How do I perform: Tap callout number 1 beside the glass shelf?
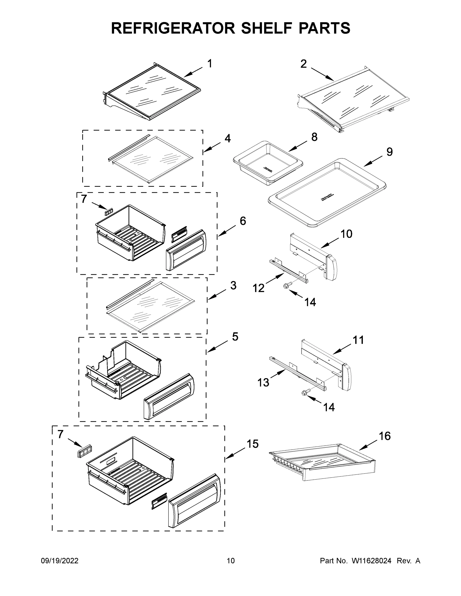click(210, 64)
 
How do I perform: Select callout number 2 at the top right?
click(303, 64)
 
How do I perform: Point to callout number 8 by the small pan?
click(314, 137)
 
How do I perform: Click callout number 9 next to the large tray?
click(389, 152)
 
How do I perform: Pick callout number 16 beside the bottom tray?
click(384, 436)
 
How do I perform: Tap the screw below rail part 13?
click(304, 392)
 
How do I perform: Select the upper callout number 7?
click(84, 199)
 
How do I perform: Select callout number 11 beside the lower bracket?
click(358, 340)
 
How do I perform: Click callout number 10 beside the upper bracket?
click(346, 234)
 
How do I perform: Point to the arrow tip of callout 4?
click(204, 151)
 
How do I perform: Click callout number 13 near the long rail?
click(263, 383)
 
